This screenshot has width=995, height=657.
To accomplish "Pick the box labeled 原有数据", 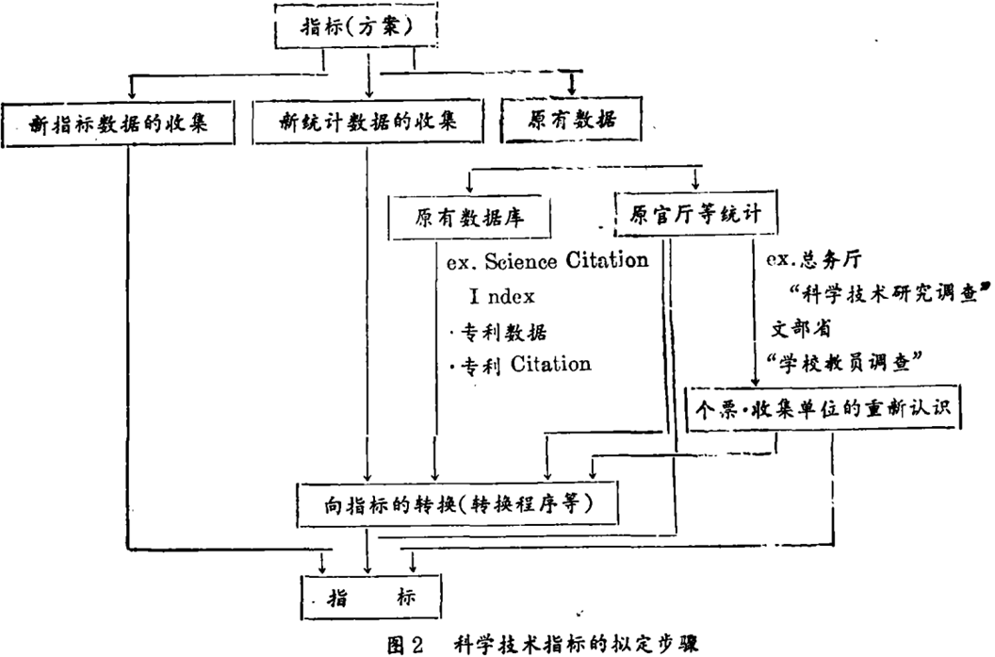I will pos(570,123).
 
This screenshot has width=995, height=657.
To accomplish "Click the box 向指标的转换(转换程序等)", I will pos(460,502).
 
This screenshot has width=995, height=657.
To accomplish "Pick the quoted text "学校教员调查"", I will pos(843,361).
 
